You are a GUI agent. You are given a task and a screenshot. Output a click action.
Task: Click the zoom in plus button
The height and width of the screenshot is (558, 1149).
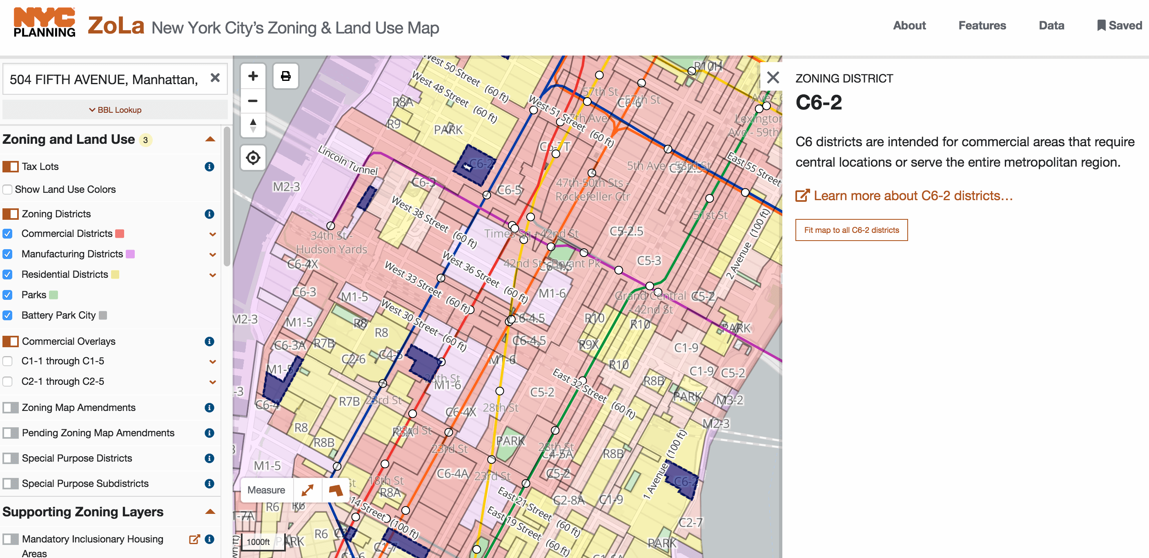pyautogui.click(x=253, y=76)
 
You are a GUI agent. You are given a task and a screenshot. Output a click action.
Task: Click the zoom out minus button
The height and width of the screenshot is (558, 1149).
pyautogui.click(x=253, y=101)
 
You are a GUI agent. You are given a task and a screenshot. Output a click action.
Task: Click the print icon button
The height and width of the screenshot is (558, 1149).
pyautogui.click(x=285, y=76)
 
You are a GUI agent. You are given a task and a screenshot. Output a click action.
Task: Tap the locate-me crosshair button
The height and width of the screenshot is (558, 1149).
pyautogui.click(x=253, y=158)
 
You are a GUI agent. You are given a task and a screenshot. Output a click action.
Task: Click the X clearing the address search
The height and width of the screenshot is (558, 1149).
pyautogui.click(x=215, y=78)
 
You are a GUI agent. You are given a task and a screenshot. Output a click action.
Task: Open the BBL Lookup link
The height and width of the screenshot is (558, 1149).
pyautogui.click(x=115, y=110)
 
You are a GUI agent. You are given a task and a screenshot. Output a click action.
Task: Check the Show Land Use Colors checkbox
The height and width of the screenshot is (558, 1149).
pyautogui.click(x=8, y=189)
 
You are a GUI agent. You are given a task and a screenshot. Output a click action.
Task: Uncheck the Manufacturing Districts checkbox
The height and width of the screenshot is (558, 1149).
pyautogui.click(x=8, y=254)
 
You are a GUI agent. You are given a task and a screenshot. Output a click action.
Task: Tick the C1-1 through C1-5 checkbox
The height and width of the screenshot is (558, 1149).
pyautogui.click(x=8, y=361)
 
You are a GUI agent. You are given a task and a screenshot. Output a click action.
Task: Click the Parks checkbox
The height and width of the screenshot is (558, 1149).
pyautogui.click(x=8, y=295)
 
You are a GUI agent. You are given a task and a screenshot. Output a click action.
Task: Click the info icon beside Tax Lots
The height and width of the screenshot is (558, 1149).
pyautogui.click(x=209, y=167)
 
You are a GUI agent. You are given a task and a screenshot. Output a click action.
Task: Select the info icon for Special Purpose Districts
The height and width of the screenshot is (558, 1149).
pyautogui.click(x=209, y=458)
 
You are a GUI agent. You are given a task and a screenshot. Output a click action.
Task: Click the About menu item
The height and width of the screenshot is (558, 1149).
pyautogui.click(x=909, y=25)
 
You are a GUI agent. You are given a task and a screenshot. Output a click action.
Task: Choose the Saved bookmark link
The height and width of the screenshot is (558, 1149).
pyautogui.click(x=1120, y=25)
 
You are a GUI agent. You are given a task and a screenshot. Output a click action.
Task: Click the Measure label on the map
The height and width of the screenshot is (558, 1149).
pyautogui.click(x=266, y=490)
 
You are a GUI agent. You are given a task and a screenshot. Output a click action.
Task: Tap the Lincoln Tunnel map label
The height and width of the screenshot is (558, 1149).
pyautogui.click(x=347, y=160)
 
